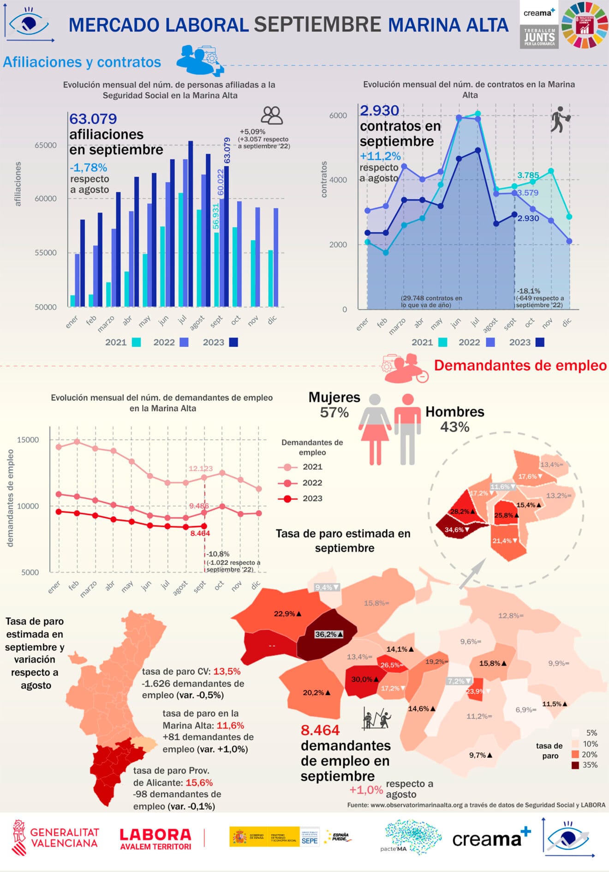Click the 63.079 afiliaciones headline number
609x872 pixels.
[x=93, y=119]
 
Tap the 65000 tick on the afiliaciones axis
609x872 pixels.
[x=46, y=145]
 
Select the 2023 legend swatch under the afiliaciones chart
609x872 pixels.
[x=234, y=342]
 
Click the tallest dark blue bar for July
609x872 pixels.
[x=191, y=224]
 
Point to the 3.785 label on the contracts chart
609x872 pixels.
[x=528, y=176]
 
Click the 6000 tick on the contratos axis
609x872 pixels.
[x=338, y=115]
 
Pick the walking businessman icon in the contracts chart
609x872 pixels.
[x=560, y=119]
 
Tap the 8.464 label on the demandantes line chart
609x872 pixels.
[x=200, y=533]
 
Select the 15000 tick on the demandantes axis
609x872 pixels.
[x=28, y=440]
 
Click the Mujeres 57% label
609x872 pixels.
[x=334, y=405]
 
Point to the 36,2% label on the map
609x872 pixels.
[x=328, y=634]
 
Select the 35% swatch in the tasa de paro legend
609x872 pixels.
[x=575, y=765]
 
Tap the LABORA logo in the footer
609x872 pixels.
[x=155, y=838]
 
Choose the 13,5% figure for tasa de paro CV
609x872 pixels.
[x=227, y=672]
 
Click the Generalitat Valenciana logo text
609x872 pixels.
[x=65, y=837]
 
